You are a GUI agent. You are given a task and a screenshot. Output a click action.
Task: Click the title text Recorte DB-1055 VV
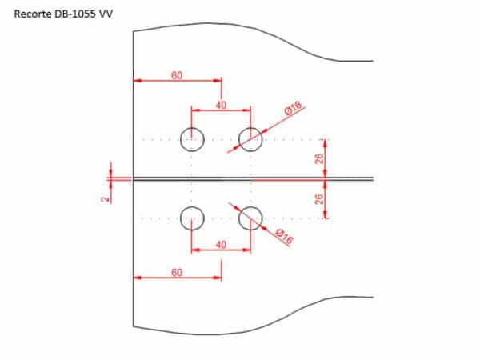[63, 14]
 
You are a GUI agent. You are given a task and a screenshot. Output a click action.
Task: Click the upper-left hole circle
[181, 139]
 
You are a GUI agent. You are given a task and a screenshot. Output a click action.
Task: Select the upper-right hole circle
[239, 139]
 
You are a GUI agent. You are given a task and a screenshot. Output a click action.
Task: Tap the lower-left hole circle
[181, 218]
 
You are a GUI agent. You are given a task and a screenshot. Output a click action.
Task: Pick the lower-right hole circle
[239, 218]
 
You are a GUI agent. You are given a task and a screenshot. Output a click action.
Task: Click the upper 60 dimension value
[177, 75]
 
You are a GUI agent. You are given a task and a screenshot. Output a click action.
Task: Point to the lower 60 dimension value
[177, 272]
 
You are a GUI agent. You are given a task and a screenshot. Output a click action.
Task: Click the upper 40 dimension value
[221, 105]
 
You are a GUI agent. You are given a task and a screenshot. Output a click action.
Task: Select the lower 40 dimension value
[221, 245]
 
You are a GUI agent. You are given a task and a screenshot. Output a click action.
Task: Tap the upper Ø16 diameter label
[293, 108]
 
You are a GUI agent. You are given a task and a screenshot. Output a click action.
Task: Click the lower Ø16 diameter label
[284, 237]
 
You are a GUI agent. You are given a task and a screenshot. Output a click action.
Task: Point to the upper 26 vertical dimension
[319, 158]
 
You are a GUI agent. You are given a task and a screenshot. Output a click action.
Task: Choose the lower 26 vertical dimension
[319, 199]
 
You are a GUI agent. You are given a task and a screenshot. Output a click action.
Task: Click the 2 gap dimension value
[106, 199]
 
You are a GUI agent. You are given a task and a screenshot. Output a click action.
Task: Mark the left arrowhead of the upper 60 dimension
[138, 81]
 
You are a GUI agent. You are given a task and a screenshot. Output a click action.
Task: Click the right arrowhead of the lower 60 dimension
[218, 278]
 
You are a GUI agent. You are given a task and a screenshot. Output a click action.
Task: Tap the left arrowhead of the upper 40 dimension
[195, 110]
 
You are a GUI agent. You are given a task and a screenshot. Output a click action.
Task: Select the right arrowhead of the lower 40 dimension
[246, 250]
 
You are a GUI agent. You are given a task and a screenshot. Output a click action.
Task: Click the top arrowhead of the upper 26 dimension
[325, 143]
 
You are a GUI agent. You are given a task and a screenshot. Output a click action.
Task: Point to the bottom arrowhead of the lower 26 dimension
[325, 214]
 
